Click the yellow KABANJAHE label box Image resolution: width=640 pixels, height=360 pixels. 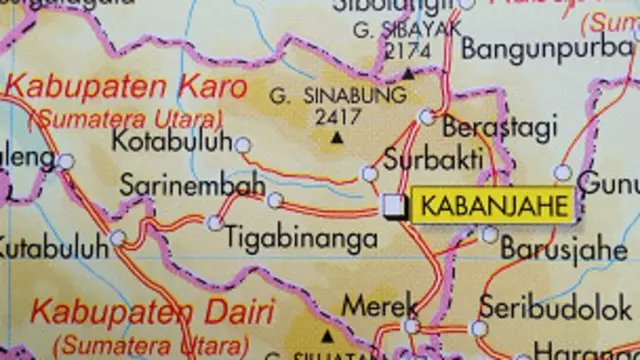click(493, 206)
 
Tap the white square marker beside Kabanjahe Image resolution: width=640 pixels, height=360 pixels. click(396, 206)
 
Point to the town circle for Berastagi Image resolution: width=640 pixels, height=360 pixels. click(427, 117)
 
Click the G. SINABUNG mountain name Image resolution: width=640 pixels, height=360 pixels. click(338, 96)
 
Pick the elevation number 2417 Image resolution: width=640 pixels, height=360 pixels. click(337, 116)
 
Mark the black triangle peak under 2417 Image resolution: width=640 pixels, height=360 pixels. click(335, 137)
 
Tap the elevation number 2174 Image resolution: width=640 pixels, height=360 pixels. click(407, 50)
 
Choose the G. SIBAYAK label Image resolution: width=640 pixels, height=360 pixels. click(407, 30)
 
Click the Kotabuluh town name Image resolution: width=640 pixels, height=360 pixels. click(171, 142)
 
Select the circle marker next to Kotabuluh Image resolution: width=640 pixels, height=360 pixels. click(242, 145)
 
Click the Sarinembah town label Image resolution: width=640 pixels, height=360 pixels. click(192, 185)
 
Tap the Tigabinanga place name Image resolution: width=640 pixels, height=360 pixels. click(302, 239)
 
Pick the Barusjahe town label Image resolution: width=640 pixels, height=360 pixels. click(564, 248)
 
